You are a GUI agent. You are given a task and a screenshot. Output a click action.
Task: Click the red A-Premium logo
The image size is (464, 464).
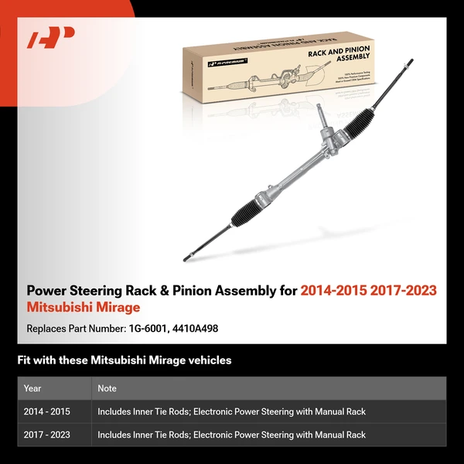(50, 38)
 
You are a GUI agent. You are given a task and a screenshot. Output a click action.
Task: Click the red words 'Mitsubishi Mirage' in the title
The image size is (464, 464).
(84, 307)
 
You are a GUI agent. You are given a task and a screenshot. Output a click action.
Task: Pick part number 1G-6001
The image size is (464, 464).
(151, 329)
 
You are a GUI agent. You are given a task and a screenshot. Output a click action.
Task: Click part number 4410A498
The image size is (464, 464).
(196, 329)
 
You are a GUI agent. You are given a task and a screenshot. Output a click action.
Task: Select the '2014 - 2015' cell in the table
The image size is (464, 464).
(47, 412)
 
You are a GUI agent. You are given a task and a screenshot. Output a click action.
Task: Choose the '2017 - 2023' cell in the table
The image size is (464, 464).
(47, 435)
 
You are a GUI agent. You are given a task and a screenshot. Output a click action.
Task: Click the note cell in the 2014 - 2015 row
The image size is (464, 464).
(231, 412)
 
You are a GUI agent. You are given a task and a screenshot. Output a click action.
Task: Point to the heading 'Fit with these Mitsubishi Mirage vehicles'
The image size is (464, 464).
(124, 360)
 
